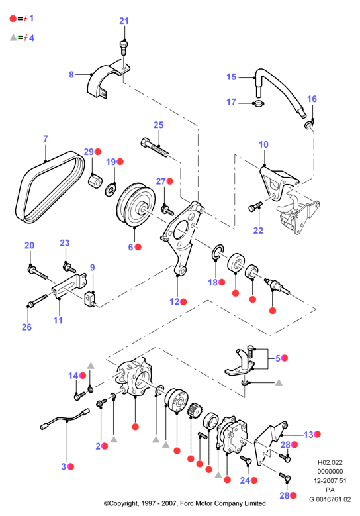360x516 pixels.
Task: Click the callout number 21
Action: point(124,21)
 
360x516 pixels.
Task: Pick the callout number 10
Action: point(263,144)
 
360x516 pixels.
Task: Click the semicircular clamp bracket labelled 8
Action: point(107,81)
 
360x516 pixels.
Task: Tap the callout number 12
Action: point(174,301)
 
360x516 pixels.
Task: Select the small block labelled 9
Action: point(90,299)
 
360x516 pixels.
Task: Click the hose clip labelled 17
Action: point(259,104)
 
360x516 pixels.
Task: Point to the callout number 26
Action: point(26,327)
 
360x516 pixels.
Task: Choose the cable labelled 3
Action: point(65,419)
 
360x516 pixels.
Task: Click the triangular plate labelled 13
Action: point(271,441)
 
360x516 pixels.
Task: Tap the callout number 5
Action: point(278,358)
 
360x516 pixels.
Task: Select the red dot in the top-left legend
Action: point(13,19)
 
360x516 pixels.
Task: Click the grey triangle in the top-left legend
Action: point(13,38)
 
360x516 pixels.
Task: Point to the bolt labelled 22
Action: point(255,207)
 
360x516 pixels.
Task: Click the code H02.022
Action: point(330,462)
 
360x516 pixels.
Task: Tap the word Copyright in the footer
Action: point(122,503)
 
